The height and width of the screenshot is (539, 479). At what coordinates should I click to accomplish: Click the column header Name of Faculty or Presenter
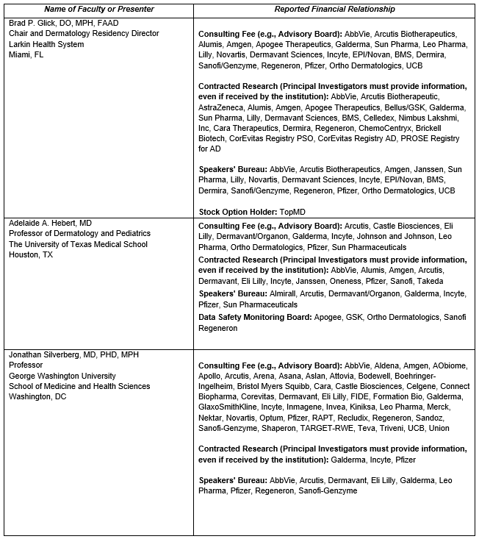(x=98, y=10)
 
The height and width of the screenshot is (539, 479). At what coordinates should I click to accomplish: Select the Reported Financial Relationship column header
(x=335, y=10)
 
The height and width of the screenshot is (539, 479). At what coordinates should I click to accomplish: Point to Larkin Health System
(x=46, y=44)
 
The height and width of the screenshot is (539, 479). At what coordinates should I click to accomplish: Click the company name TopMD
(x=292, y=212)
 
